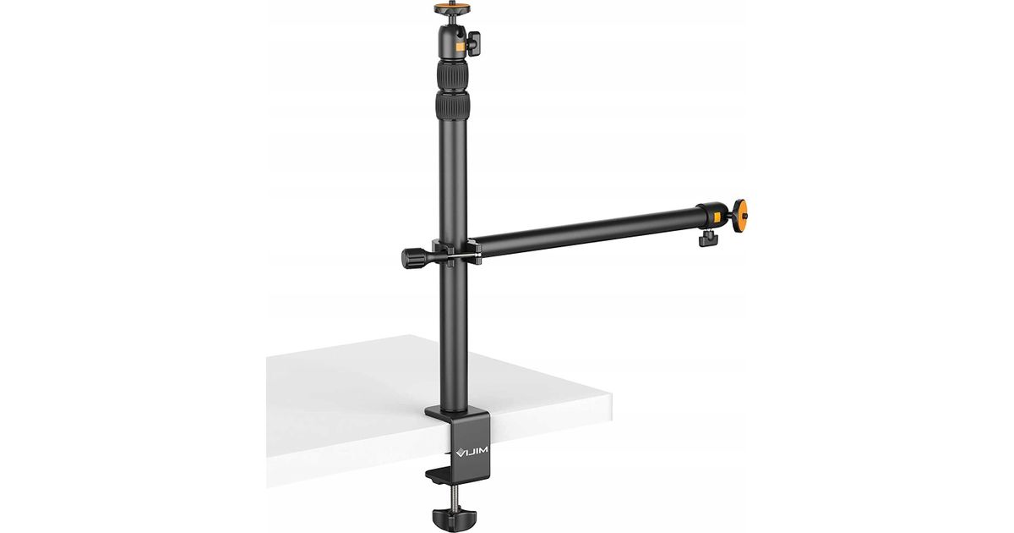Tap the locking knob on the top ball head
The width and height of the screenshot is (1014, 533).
coord(473,43)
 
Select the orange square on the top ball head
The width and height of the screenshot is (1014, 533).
coord(460,47)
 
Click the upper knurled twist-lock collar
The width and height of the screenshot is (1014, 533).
coord(452,75)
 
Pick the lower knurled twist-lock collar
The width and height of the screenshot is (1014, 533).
coord(452,105)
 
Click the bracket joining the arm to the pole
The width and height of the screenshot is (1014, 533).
coord(456,252)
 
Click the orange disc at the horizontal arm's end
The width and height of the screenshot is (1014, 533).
coord(739,215)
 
